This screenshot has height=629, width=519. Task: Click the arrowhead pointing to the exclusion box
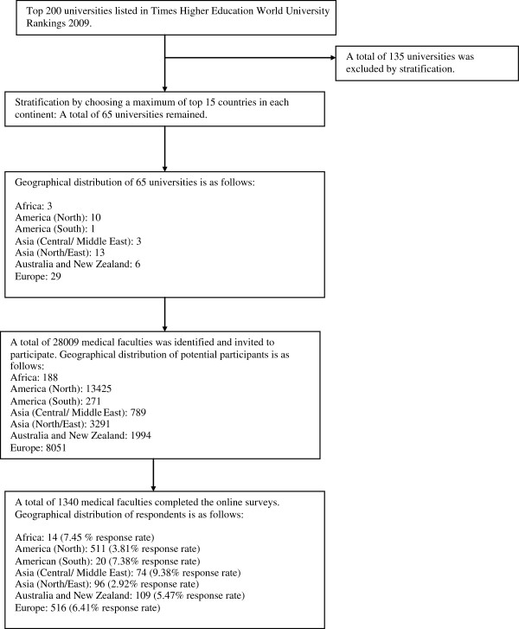[x=333, y=58]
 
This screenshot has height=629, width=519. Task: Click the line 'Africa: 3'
[x=34, y=206]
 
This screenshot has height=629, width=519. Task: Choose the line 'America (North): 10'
[x=58, y=217]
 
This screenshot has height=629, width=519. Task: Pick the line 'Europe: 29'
[x=38, y=276]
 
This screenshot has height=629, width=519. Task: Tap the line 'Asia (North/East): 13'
[x=60, y=253]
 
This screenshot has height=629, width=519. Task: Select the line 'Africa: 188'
[x=34, y=377]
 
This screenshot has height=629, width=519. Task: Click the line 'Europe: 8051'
[x=38, y=447]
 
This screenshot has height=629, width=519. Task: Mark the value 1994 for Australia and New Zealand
[x=140, y=435]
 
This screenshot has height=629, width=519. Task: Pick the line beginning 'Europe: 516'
[x=87, y=607]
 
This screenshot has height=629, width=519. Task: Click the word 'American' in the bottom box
[x=33, y=561]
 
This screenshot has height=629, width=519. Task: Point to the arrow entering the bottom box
[x=153, y=475]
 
